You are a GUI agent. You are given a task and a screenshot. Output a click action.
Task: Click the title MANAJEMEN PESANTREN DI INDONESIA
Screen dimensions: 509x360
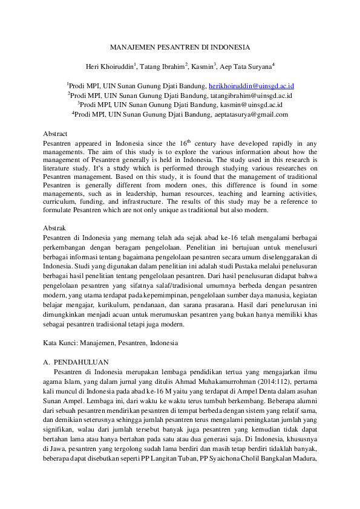[x=180, y=47]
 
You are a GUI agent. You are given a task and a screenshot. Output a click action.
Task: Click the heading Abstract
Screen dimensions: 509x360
[x=56, y=133]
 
